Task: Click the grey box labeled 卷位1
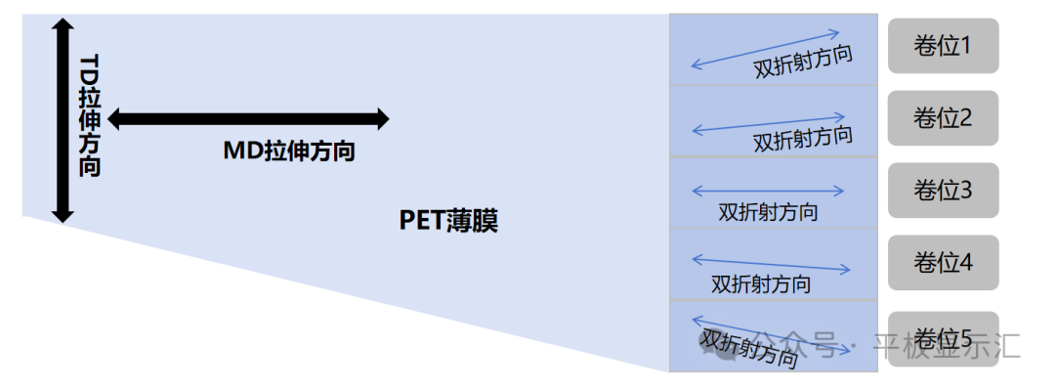coord(943,45)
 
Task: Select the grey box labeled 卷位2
coord(943,118)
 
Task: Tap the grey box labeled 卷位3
coord(943,190)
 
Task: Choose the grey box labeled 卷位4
coord(943,262)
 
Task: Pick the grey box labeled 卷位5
coord(943,338)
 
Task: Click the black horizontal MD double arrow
coord(248,119)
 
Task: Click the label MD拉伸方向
coord(288,151)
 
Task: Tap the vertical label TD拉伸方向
coord(90,115)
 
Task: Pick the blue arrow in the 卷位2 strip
coord(765,125)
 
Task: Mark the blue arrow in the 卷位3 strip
coord(767,191)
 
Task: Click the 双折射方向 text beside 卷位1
coord(803,63)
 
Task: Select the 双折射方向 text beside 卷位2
coord(802,138)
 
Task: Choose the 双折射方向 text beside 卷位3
coord(768,211)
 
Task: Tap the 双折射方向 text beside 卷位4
coord(761,284)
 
